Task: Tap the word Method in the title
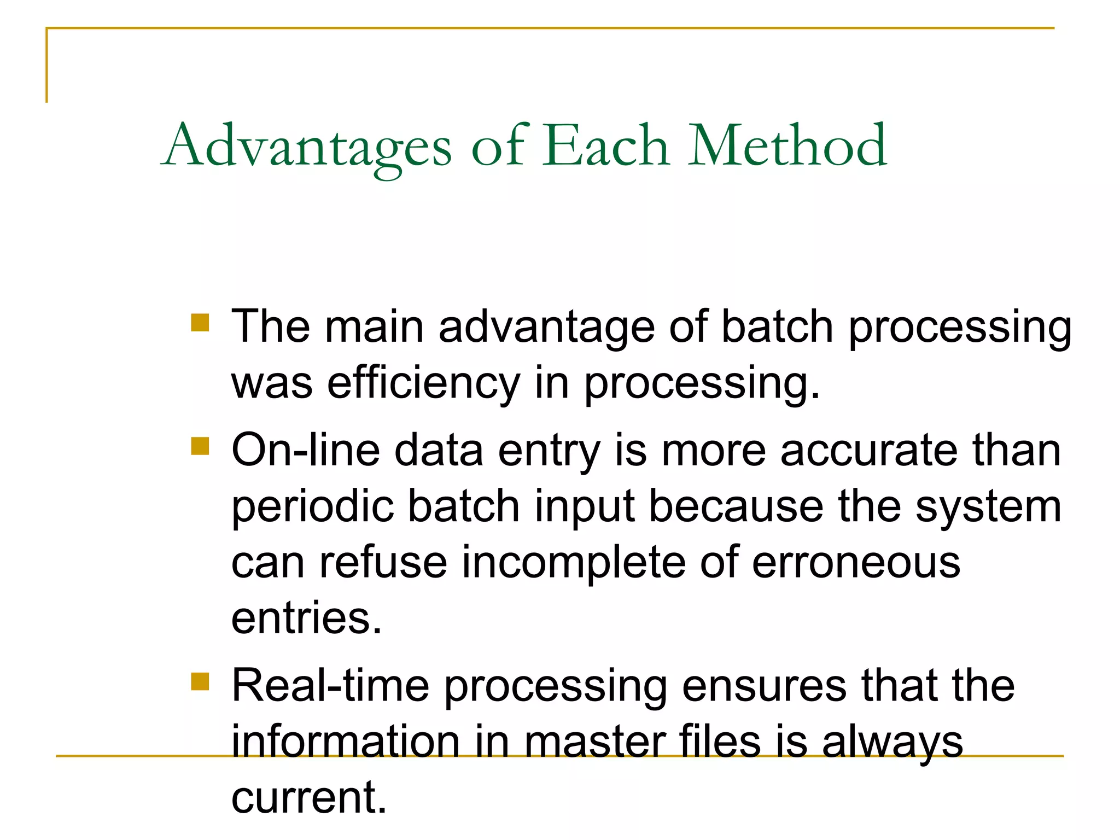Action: click(x=787, y=145)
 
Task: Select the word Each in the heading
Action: click(x=605, y=145)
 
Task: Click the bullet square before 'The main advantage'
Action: click(x=200, y=323)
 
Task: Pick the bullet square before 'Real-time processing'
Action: click(x=200, y=681)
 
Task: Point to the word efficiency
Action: click(x=423, y=383)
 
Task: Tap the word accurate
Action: click(x=868, y=451)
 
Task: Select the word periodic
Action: click(x=312, y=507)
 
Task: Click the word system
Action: click(x=988, y=507)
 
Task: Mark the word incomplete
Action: click(x=574, y=563)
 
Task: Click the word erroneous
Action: click(x=856, y=563)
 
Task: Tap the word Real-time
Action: click(x=330, y=686)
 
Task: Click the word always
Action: click(x=892, y=743)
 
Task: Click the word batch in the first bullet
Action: click(x=777, y=327)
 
